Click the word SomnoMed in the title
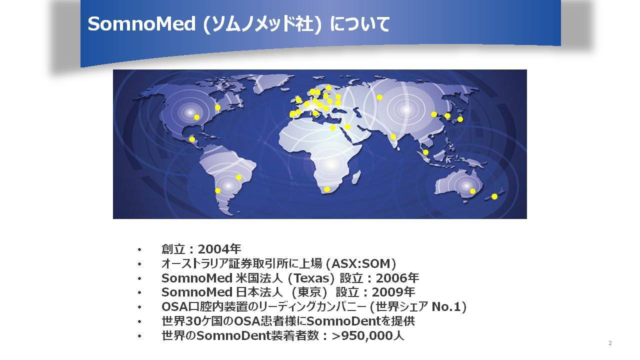[x=141, y=23]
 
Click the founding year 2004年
[x=219, y=249]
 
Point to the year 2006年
[x=397, y=278]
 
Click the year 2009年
[x=393, y=292]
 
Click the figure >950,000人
[x=368, y=335]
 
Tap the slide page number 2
[x=610, y=343]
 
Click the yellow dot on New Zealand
[x=494, y=196]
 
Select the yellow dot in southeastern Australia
[x=472, y=191]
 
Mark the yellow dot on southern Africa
[x=327, y=189]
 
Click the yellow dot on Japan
[x=460, y=119]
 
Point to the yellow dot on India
[x=393, y=136]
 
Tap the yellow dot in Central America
[x=192, y=139]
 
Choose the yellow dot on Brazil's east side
[x=238, y=177]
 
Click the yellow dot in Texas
[x=196, y=117]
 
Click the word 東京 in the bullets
[x=308, y=292]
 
